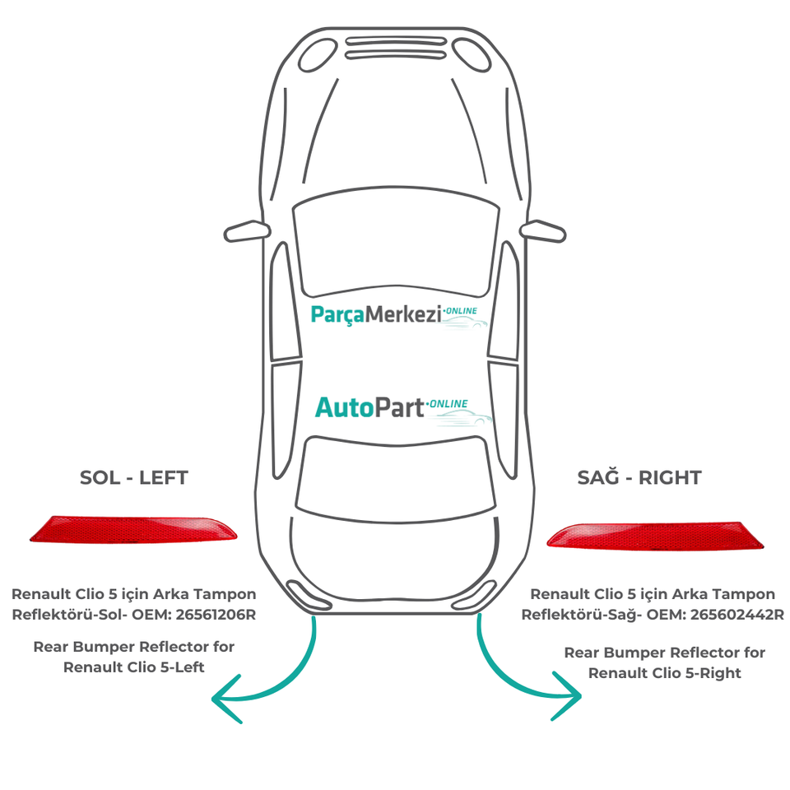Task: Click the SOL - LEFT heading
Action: (133, 477)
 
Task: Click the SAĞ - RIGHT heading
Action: (640, 477)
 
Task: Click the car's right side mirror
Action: (545, 230)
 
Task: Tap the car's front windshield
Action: (396, 247)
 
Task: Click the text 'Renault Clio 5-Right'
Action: (665, 673)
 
